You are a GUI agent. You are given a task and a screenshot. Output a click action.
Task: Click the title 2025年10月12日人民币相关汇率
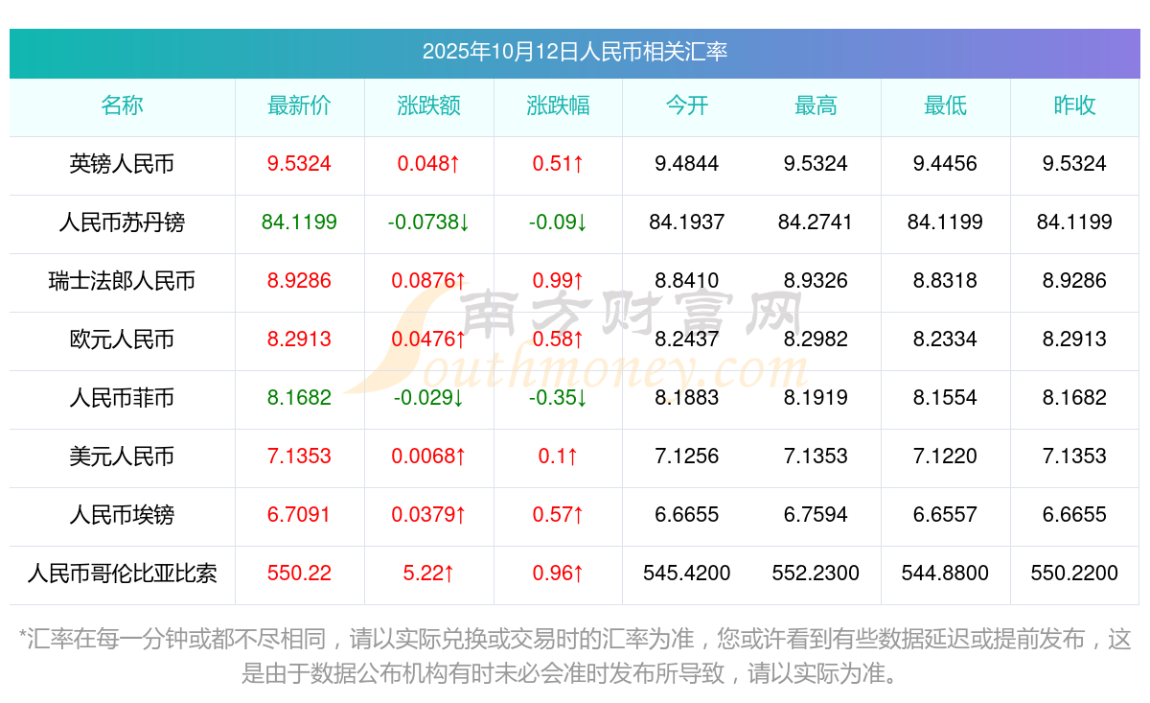tap(574, 52)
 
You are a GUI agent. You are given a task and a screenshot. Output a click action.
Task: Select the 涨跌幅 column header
tap(558, 106)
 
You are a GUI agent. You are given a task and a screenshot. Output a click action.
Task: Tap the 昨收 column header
tap(1074, 106)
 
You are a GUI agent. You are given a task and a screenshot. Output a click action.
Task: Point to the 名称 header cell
tap(122, 106)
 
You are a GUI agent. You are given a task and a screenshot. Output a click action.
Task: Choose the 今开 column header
tap(687, 106)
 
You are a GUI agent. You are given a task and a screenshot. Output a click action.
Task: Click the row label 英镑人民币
tap(122, 164)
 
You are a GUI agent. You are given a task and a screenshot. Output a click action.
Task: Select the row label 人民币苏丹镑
tap(122, 223)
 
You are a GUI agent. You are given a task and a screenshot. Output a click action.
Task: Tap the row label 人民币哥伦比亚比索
tap(122, 574)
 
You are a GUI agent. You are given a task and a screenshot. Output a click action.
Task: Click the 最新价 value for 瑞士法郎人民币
tap(299, 281)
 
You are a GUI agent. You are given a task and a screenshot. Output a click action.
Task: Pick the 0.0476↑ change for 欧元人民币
tap(428, 340)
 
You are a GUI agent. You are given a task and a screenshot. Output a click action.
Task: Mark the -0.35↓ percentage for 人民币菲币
tap(558, 398)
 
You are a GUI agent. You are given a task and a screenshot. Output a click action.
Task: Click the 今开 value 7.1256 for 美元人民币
tap(687, 457)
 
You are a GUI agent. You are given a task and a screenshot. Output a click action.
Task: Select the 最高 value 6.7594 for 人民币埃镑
tap(816, 515)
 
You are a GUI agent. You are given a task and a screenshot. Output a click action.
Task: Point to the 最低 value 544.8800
tap(945, 574)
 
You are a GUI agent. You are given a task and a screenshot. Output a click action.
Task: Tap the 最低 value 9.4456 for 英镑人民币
tap(945, 164)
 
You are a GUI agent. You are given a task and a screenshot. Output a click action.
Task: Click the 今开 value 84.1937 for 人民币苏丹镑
tap(687, 223)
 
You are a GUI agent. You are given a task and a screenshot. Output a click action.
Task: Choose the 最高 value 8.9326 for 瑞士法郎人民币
tap(816, 281)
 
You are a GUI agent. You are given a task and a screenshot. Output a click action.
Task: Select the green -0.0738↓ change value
tap(428, 223)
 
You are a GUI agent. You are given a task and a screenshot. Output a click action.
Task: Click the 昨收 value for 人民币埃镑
tap(1074, 515)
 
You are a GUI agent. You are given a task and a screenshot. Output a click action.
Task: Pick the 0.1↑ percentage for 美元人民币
tap(558, 457)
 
